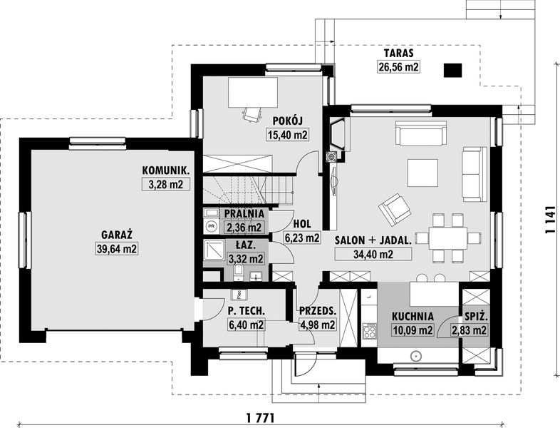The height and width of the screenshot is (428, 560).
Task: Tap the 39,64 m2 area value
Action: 117,248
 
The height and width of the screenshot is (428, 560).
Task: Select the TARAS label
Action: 398,53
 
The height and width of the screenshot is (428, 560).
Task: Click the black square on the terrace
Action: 453,71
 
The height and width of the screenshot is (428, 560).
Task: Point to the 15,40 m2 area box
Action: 287,135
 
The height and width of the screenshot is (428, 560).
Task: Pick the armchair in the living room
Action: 394,210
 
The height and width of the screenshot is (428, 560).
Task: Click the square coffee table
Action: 423,173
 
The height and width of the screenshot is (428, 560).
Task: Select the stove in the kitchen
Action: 369,330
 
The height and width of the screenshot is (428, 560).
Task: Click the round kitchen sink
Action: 415,356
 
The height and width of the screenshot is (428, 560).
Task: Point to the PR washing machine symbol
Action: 212,226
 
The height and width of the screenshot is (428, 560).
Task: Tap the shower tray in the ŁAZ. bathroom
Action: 214,250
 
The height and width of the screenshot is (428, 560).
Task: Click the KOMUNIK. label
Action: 165,170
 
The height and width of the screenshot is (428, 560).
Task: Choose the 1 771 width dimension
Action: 260,417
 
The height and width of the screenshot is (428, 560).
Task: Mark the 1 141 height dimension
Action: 551,220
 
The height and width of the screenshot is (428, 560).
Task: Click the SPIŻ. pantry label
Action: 477,317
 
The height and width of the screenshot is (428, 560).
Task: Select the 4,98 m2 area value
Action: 317,325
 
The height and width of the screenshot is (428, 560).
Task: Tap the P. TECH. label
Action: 246,311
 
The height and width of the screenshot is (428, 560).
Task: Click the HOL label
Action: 302,224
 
